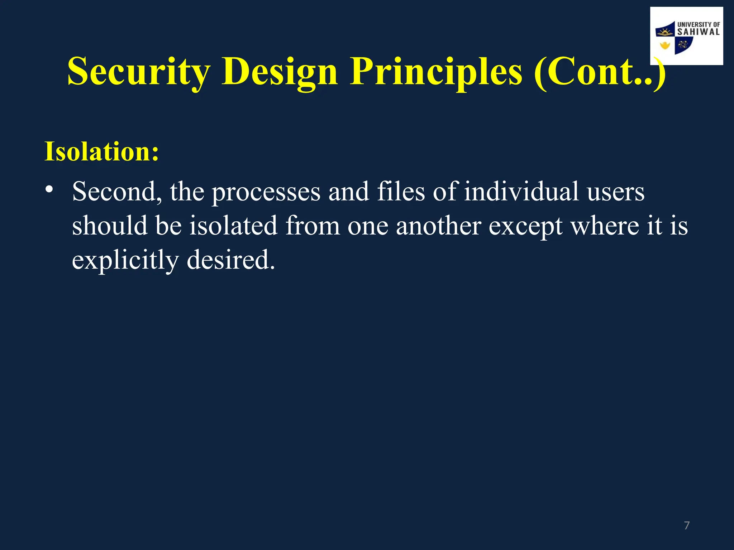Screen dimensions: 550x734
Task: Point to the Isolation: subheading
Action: point(101,151)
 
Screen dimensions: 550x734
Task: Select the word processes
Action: point(266,192)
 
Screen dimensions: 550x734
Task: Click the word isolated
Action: point(233,226)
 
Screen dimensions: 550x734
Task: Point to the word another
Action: point(438,226)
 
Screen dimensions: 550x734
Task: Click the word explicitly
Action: point(125,260)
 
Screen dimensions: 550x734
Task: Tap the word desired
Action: point(231,260)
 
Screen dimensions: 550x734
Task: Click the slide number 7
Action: point(687,525)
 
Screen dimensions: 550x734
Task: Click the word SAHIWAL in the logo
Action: point(698,32)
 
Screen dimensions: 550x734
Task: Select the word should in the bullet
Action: point(110,226)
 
